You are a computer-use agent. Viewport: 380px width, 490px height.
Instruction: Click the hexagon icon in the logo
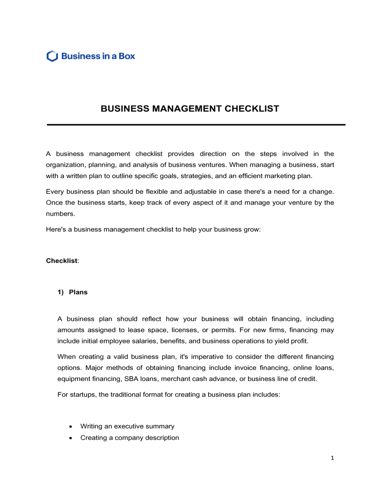click(x=52, y=56)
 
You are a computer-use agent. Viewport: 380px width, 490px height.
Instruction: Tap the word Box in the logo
click(x=127, y=56)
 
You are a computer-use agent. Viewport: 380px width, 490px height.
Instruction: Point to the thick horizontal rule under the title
click(x=196, y=125)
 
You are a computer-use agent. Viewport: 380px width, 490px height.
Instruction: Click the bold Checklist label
click(x=62, y=261)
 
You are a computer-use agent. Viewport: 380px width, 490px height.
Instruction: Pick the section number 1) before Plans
click(x=60, y=292)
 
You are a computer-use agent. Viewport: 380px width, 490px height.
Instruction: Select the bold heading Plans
click(x=78, y=292)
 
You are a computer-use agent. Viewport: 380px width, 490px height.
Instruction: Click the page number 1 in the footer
click(x=332, y=458)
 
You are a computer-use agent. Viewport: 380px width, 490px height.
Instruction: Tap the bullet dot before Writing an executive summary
click(x=71, y=427)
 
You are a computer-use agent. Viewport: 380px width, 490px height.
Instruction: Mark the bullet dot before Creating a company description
click(x=71, y=438)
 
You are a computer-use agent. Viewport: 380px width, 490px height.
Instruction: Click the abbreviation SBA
click(x=131, y=379)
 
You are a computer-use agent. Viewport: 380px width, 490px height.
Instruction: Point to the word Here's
click(x=56, y=229)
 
